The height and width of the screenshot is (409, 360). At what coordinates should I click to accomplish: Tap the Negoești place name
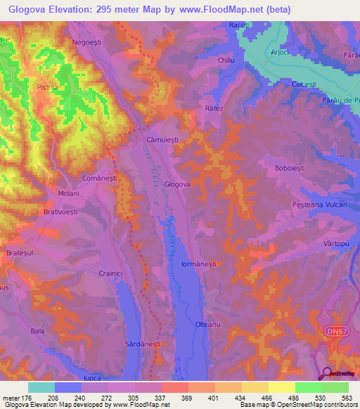pyautogui.click(x=87, y=42)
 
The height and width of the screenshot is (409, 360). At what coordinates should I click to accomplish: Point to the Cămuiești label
pyautogui.click(x=162, y=140)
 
